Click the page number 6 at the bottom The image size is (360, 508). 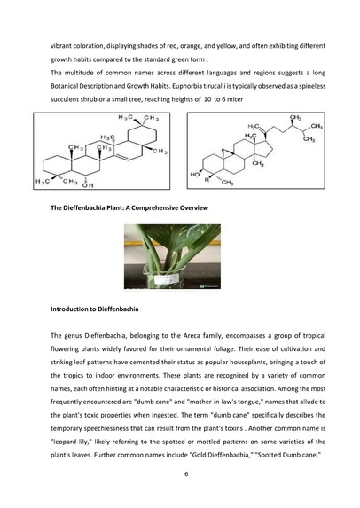tap(180, 474)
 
